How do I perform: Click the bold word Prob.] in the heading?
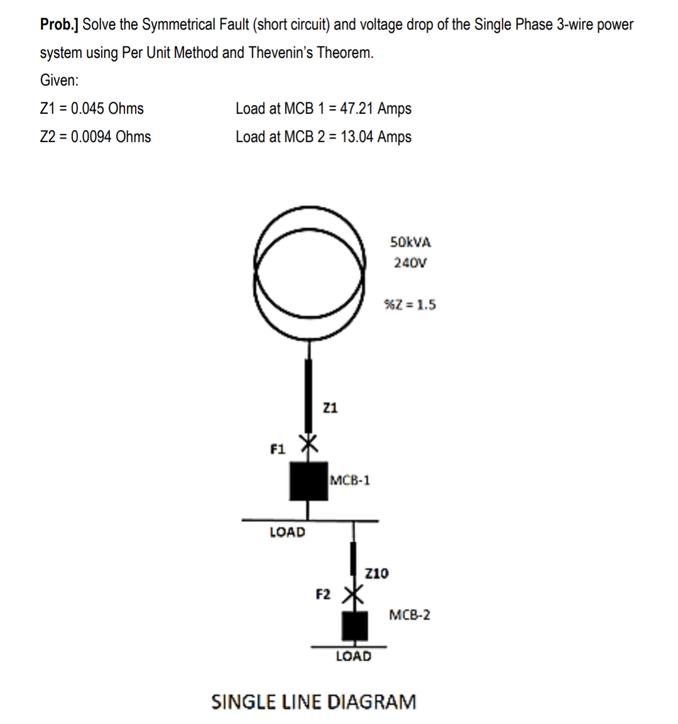click(x=60, y=25)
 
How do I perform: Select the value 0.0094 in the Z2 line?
click(x=92, y=137)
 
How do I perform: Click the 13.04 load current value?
click(x=357, y=137)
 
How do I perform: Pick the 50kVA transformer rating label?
click(x=411, y=242)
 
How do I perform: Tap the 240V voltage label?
click(x=410, y=262)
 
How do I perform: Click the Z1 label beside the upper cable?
click(x=330, y=408)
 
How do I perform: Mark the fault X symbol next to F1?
click(x=307, y=443)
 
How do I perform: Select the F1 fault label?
click(x=277, y=450)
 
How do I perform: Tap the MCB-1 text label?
click(x=350, y=481)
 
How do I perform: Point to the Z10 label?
click(x=376, y=573)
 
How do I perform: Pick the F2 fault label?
click(x=323, y=594)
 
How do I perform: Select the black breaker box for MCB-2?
click(x=354, y=625)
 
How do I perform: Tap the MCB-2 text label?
click(x=410, y=615)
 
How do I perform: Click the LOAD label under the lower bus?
click(x=353, y=657)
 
